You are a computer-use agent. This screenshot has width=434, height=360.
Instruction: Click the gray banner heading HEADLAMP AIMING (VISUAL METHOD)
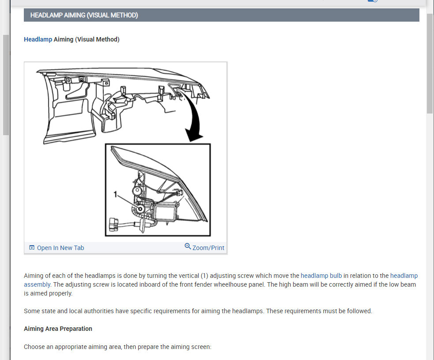pos(84,15)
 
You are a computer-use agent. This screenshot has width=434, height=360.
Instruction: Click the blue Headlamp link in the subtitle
pos(38,39)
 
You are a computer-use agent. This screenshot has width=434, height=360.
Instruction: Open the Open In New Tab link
pos(60,248)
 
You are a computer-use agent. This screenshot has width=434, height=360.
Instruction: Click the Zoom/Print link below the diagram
pos(208,248)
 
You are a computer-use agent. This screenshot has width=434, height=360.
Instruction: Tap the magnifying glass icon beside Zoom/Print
pos(188,246)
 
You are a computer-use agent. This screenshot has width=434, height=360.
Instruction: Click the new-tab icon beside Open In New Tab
pos(32,248)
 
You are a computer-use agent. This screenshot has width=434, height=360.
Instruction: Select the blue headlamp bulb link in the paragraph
pos(321,276)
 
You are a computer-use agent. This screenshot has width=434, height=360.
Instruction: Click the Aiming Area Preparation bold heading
pos(58,329)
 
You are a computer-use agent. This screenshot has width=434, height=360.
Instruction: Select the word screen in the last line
pos(201,347)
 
